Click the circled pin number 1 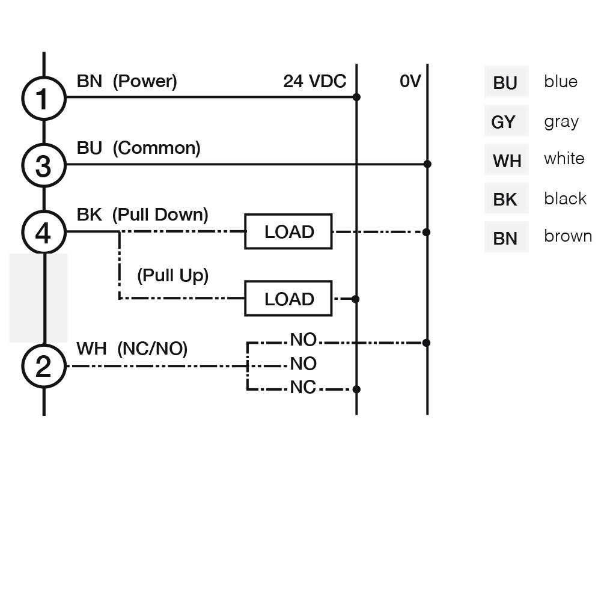(44, 99)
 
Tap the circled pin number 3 (44, 165)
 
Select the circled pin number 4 (44, 232)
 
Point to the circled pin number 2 (44, 366)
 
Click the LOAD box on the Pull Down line (288, 231)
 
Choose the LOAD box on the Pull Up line (288, 299)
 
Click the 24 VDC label (315, 81)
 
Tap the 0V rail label (410, 81)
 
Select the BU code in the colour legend (505, 83)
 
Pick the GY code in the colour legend (503, 122)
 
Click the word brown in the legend (568, 236)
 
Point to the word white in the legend (564, 158)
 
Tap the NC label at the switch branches (303, 388)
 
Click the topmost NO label (303, 340)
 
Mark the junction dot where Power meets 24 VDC (356, 97)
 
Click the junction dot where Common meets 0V (427, 164)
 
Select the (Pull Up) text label (173, 276)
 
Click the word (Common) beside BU (156, 148)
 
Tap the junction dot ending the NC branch (356, 389)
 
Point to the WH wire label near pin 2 (91, 349)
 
